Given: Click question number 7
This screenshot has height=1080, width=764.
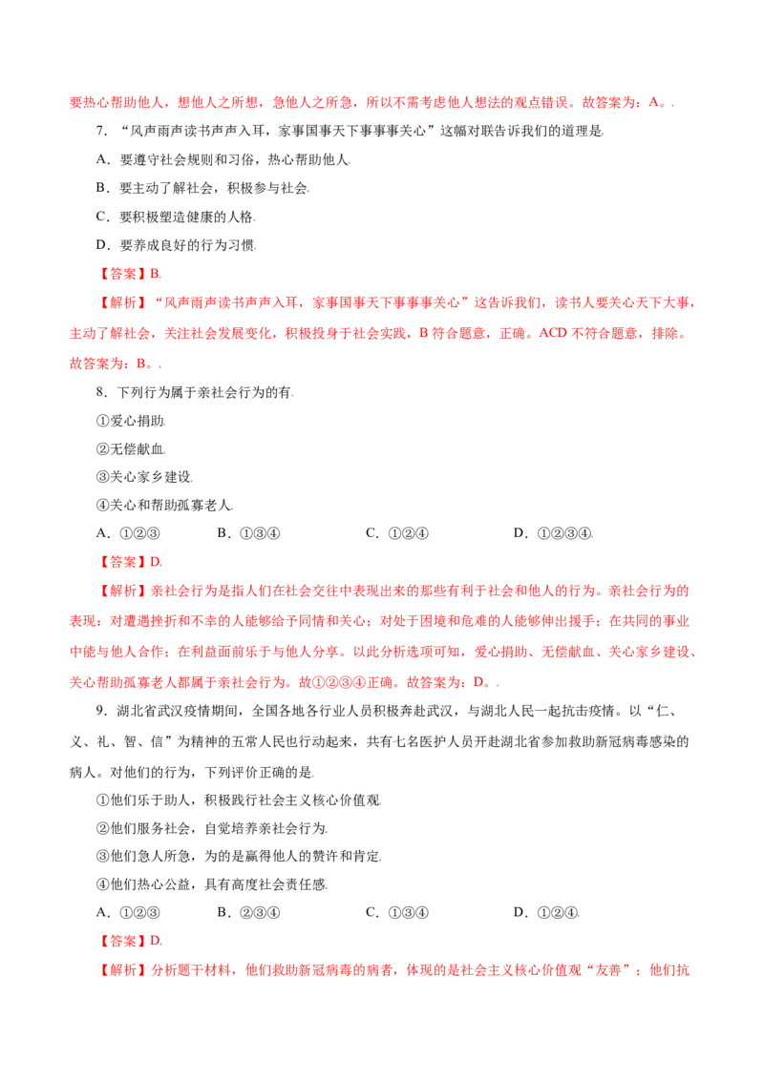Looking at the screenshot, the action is point(101,131).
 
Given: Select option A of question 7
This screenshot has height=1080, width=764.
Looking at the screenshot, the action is point(222,159).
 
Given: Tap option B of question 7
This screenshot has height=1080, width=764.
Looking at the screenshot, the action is point(202,188).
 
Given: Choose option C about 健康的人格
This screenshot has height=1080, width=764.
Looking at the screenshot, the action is point(175,217).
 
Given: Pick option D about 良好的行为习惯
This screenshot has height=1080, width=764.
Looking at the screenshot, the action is point(175,245).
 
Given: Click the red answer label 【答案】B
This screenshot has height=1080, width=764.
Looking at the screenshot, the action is point(128,274).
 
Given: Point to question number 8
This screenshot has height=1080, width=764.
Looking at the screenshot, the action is point(101,393).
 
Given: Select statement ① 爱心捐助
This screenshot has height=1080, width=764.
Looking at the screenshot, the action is point(130,421).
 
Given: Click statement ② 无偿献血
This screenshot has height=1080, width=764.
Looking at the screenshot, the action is point(130,449).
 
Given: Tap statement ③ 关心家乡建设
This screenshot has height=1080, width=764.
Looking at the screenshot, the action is point(144,477).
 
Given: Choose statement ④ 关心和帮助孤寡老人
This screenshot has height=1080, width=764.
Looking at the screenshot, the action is point(164,505).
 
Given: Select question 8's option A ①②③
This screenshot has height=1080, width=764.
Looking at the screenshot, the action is point(128,533).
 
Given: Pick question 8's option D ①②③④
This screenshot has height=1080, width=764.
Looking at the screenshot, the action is point(552,533).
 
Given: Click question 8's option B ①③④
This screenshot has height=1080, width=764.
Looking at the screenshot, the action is point(249,533).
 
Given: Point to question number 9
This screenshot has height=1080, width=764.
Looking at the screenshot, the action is point(101,711).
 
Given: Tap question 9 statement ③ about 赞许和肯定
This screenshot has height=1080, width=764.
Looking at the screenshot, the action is point(239,856).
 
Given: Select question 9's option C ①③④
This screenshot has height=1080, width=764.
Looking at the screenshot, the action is point(397,913).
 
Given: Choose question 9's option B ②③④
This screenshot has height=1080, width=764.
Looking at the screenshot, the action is point(249,913).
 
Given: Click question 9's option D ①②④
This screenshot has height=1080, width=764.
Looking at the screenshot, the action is point(546,913).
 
